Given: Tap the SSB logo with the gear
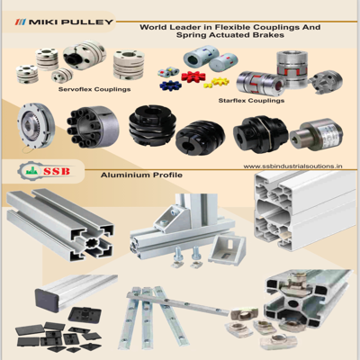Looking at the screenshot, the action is point(44,171).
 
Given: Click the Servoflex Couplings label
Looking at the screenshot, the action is point(94,89).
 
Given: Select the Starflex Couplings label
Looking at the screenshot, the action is point(251,101).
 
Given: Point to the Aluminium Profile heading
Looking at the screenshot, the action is point(141,175).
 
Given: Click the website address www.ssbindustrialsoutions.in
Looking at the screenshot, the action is point(292,166).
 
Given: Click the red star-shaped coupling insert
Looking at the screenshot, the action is point(193,76).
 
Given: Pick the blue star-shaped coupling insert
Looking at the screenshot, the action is point(171,85).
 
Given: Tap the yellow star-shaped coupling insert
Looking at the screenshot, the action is point(220,81).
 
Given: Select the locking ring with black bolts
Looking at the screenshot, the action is point(93,128).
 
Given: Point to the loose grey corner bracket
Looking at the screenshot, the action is point(228,248).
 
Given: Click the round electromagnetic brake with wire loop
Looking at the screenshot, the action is point(36,127).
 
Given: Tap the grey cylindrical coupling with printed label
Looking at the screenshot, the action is point(317,137).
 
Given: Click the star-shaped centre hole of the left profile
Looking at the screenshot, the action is point(91,243).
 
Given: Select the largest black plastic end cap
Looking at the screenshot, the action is point(85,315).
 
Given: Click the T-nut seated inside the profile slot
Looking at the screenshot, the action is point(295,278).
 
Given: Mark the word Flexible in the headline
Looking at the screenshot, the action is point(230,27).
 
